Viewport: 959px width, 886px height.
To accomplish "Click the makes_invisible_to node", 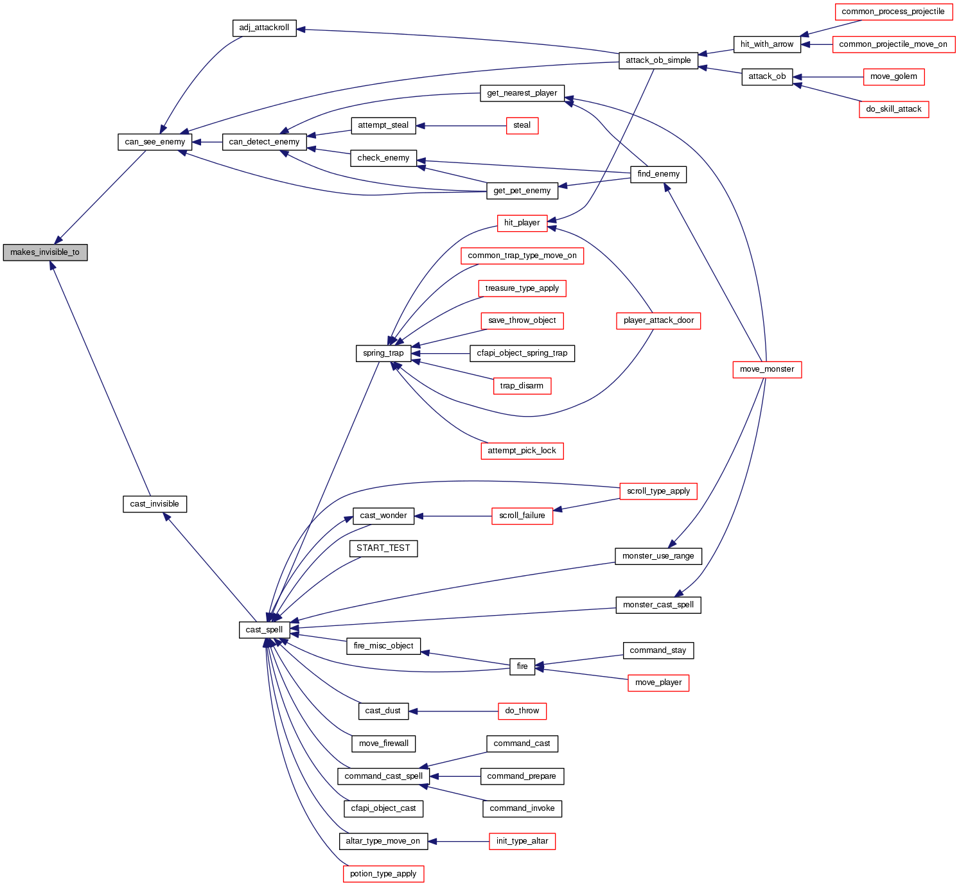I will [x=45, y=252].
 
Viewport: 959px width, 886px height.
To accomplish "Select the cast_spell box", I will [x=264, y=630].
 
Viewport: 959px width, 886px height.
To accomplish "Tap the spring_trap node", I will [x=383, y=353].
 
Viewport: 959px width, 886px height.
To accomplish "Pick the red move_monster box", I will [x=767, y=369].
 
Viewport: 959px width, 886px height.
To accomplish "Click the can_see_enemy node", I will [x=155, y=142].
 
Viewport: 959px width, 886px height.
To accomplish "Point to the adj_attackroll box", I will [x=264, y=28].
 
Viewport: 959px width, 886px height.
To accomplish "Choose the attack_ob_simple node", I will [x=658, y=60].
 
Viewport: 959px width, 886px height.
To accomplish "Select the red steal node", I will [x=522, y=125].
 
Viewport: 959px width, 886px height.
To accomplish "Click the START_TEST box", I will [x=383, y=548].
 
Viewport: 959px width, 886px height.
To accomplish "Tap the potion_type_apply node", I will [x=383, y=874].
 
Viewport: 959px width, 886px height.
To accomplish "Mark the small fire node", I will [x=522, y=666].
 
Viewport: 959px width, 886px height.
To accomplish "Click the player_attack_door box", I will [x=658, y=320].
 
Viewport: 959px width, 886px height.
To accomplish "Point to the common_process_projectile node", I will [x=893, y=12].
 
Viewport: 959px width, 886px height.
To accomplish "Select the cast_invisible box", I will [x=155, y=504].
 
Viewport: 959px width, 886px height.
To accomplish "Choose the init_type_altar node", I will [x=522, y=841].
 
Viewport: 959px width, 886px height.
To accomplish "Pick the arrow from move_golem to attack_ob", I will [x=829, y=77].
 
